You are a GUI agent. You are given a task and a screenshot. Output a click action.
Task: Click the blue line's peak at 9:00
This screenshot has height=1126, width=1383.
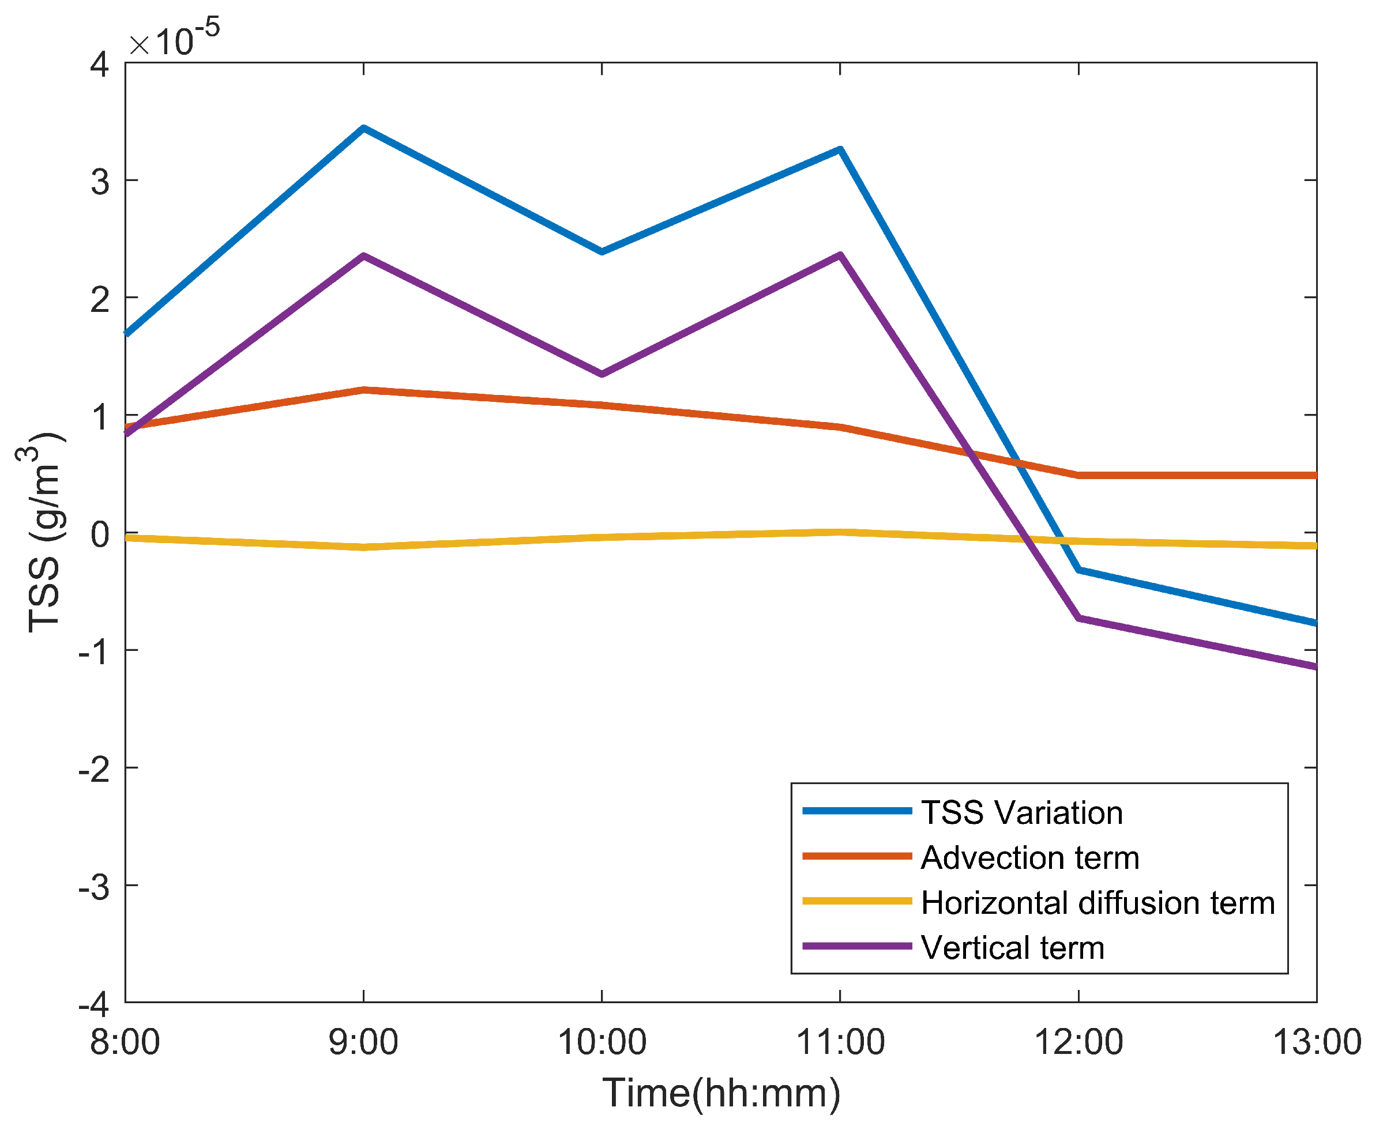click(363, 129)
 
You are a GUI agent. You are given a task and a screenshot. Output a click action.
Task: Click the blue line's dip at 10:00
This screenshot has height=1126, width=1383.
click(602, 251)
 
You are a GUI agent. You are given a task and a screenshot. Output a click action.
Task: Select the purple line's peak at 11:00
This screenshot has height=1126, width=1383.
click(840, 255)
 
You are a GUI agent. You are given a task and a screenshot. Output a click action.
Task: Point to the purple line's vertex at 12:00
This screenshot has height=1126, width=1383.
click(1078, 618)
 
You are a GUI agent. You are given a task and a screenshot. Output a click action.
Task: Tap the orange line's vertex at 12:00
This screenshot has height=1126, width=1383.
click(1078, 476)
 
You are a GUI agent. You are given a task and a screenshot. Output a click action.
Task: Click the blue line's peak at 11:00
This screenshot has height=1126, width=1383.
click(840, 150)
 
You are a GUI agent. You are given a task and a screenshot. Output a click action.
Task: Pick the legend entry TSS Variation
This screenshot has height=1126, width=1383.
click(1022, 813)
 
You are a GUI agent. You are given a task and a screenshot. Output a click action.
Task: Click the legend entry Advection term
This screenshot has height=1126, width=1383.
click(1030, 857)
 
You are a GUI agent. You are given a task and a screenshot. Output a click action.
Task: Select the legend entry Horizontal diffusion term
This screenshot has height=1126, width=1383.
click(1098, 903)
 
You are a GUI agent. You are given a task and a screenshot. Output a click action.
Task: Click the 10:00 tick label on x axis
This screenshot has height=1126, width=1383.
click(602, 1043)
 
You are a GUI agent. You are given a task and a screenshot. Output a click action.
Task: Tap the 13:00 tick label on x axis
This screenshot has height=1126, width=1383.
click(1316, 1043)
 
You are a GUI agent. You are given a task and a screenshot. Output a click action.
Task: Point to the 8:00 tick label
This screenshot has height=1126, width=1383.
click(125, 1043)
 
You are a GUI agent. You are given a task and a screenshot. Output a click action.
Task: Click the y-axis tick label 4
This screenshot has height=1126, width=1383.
click(100, 64)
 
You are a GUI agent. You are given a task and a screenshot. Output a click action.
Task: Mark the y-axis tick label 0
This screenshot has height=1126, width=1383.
click(100, 534)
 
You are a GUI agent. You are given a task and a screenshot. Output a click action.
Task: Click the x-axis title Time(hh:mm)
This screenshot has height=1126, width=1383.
click(721, 1093)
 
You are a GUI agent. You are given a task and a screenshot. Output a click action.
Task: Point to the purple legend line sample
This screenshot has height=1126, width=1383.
click(857, 946)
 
